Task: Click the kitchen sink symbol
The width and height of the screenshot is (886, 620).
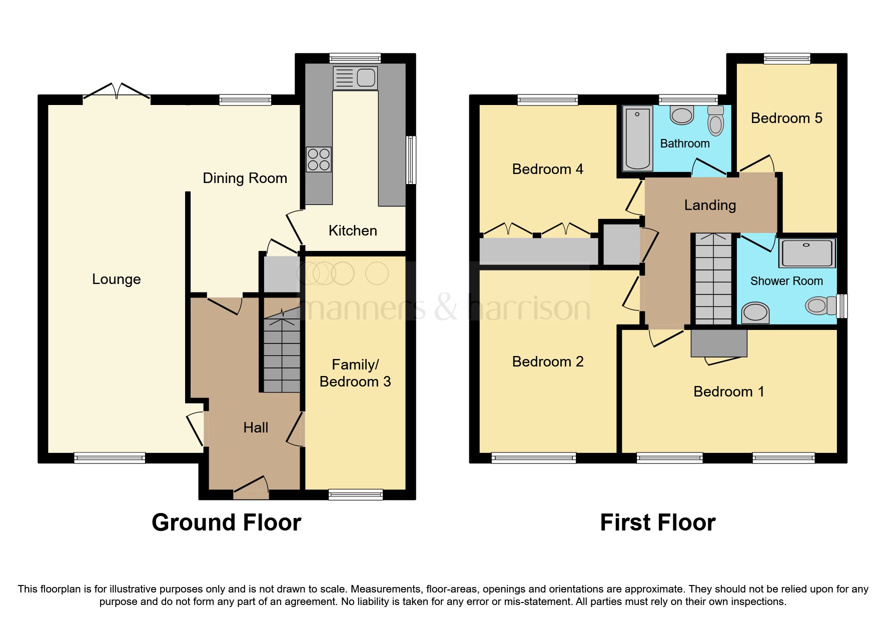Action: click(355, 78)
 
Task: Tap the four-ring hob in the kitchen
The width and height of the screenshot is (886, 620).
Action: click(319, 159)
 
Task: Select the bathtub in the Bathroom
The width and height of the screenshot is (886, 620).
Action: click(637, 138)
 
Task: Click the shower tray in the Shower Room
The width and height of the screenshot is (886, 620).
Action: click(806, 253)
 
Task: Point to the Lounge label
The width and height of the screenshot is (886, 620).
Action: click(117, 279)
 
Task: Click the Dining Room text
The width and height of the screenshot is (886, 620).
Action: click(245, 178)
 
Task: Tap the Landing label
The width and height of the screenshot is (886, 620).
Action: click(710, 205)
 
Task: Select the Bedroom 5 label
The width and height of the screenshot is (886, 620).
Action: click(786, 118)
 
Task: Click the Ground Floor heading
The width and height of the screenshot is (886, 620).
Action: click(226, 522)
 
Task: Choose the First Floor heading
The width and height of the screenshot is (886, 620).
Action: click(657, 522)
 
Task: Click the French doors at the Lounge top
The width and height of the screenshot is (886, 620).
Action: click(117, 93)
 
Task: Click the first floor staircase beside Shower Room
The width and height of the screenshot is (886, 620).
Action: click(713, 280)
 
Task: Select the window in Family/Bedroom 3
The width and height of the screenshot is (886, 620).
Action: click(356, 494)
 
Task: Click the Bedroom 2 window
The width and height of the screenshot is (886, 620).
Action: click(534, 457)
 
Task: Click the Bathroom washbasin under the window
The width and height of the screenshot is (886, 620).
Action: click(681, 115)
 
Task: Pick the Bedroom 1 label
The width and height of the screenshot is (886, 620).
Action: click(728, 391)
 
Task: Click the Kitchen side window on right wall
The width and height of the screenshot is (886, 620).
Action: click(411, 160)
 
